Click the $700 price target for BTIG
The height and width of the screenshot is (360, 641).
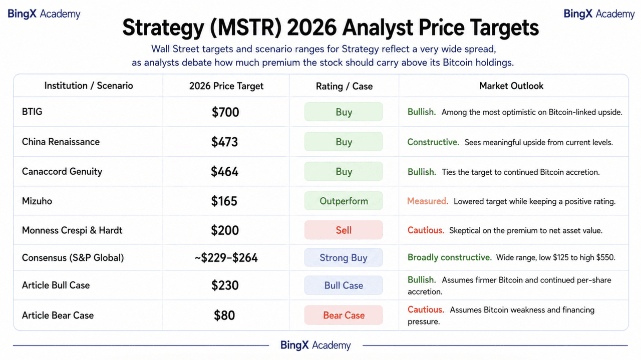(225, 112)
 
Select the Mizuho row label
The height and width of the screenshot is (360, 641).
(37, 201)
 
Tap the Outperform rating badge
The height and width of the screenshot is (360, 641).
(344, 201)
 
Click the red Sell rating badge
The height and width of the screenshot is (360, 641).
(344, 230)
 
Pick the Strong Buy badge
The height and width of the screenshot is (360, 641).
(344, 257)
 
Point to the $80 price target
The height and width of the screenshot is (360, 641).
(224, 315)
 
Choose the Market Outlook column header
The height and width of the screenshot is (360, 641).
(511, 86)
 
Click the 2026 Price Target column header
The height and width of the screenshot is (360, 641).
(226, 86)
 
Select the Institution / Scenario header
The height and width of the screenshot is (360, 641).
(89, 86)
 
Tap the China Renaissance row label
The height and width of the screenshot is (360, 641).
(61, 142)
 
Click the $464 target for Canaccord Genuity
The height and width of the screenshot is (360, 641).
(225, 172)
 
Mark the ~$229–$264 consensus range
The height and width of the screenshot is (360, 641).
(226, 258)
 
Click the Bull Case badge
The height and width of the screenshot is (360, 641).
(344, 285)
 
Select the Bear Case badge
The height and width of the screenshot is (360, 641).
(344, 315)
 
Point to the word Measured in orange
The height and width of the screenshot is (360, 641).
(428, 201)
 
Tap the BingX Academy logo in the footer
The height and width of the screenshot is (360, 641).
(315, 345)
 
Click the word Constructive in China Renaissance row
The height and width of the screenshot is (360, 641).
(433, 142)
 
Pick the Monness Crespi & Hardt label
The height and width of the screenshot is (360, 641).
(72, 230)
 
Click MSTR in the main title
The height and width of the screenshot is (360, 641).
(245, 28)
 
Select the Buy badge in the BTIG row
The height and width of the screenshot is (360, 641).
(344, 112)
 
